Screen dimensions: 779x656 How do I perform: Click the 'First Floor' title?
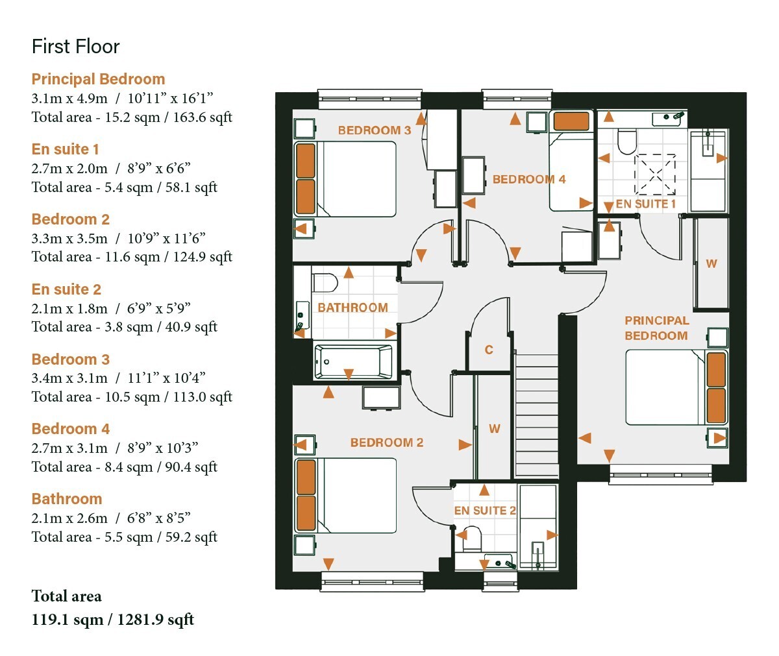tap(76, 47)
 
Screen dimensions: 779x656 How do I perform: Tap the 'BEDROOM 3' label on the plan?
tap(374, 130)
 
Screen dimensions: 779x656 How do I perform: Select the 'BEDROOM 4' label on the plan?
tap(529, 179)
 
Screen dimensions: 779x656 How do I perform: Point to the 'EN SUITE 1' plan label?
tap(645, 204)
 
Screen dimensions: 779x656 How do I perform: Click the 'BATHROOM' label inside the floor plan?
tap(352, 308)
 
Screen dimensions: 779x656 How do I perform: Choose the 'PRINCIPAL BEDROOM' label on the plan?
tap(656, 328)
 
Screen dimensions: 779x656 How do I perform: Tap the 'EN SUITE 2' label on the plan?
tap(485, 511)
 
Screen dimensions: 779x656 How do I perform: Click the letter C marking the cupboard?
tap(489, 350)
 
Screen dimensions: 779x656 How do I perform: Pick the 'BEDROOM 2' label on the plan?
tap(386, 443)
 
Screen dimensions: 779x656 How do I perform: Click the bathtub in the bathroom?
tap(353, 362)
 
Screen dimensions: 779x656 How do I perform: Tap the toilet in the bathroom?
tap(325, 283)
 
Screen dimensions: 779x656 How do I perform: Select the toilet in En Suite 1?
tap(627, 141)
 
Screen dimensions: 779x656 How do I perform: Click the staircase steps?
tap(536, 415)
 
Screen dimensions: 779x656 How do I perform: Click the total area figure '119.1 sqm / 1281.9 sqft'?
tap(113, 620)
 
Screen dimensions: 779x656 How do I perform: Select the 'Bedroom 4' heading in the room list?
tap(71, 429)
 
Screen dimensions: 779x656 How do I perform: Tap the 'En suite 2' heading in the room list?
tap(66, 289)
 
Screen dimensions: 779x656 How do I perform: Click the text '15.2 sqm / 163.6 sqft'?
tap(168, 117)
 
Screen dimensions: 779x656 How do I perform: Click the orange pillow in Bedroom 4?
tap(571, 121)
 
